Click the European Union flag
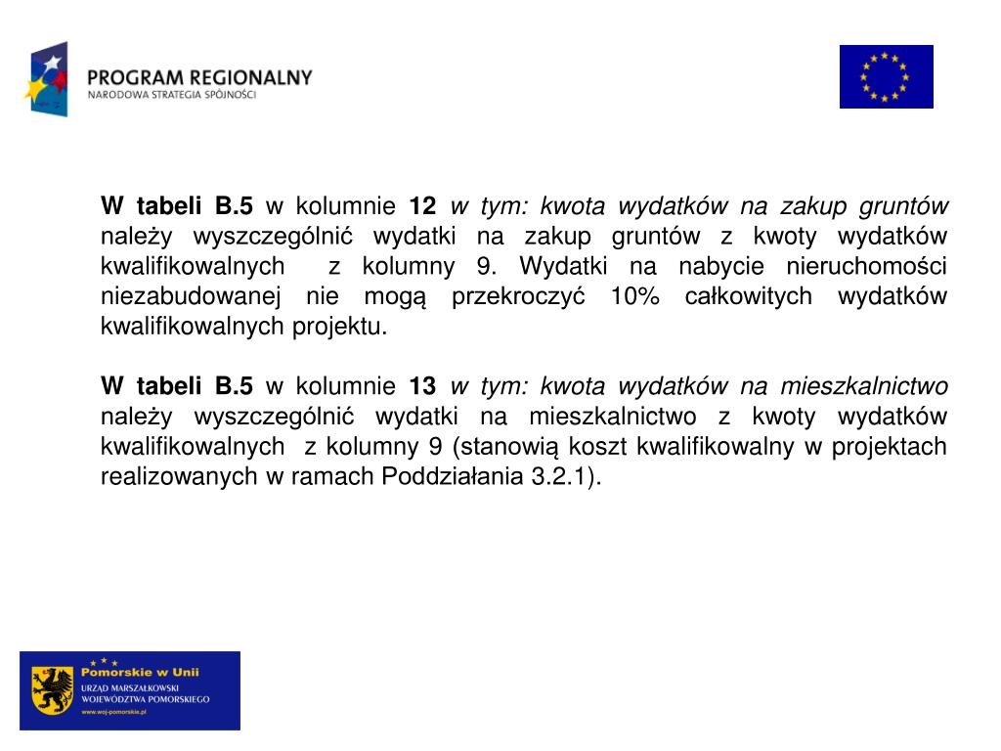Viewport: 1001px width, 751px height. coord(886,76)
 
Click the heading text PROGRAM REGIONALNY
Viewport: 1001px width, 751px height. coord(199,77)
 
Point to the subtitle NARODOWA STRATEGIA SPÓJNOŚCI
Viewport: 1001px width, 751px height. coord(172,96)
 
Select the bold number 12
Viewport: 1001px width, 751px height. coord(422,206)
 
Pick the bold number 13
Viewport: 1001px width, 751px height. coord(422,386)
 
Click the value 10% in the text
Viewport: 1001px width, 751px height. coord(633,296)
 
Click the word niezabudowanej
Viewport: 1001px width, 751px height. coord(192,296)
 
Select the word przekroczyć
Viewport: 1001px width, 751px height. coord(518,296)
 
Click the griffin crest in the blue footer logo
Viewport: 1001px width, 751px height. coord(53,690)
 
